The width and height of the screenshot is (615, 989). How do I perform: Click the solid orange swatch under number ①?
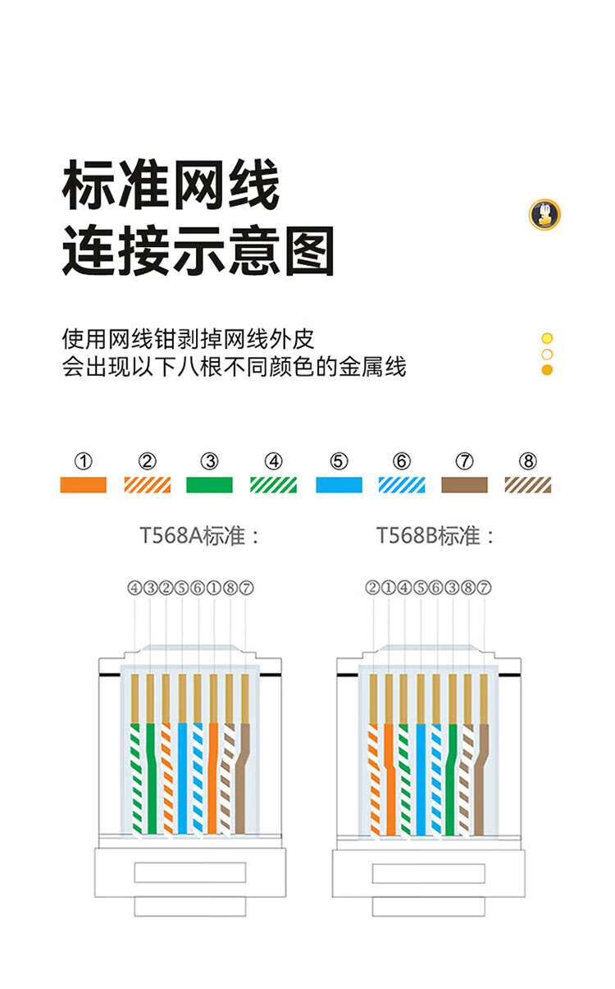[x=83, y=485]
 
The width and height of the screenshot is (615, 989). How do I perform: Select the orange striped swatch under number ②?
[x=148, y=485]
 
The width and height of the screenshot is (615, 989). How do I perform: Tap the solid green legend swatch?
[x=209, y=485]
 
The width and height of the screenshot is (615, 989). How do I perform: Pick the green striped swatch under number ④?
[x=274, y=485]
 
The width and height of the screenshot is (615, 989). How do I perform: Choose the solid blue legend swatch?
[x=339, y=485]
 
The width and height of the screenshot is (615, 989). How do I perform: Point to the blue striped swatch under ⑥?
[x=402, y=485]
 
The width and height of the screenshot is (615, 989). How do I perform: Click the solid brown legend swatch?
[x=465, y=485]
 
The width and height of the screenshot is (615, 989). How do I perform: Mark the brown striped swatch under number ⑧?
[x=528, y=485]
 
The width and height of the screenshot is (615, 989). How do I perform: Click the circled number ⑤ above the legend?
[x=339, y=461]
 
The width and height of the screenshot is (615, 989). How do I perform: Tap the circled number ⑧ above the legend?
[x=528, y=461]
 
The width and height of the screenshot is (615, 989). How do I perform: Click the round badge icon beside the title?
[x=544, y=214]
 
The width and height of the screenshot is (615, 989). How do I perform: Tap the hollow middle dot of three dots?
[x=547, y=354]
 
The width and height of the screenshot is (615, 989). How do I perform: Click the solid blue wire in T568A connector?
[x=182, y=778]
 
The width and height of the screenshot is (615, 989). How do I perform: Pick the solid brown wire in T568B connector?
[x=481, y=779]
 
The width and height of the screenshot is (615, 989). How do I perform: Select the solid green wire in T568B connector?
[x=451, y=779]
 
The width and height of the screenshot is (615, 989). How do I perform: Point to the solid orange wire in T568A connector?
[x=212, y=778]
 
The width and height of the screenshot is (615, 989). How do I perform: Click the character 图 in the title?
[x=309, y=251]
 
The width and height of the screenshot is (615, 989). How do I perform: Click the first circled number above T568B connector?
[x=373, y=588]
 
